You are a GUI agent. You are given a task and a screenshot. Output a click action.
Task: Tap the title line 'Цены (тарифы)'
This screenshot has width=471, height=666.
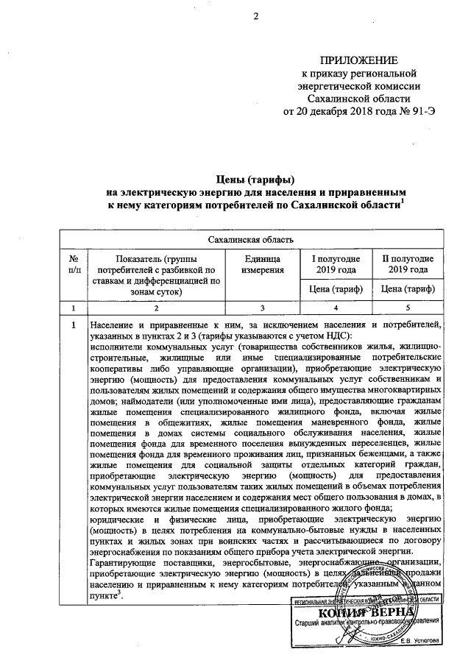(255, 179)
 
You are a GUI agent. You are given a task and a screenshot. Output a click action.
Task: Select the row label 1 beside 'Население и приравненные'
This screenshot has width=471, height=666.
(74, 325)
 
